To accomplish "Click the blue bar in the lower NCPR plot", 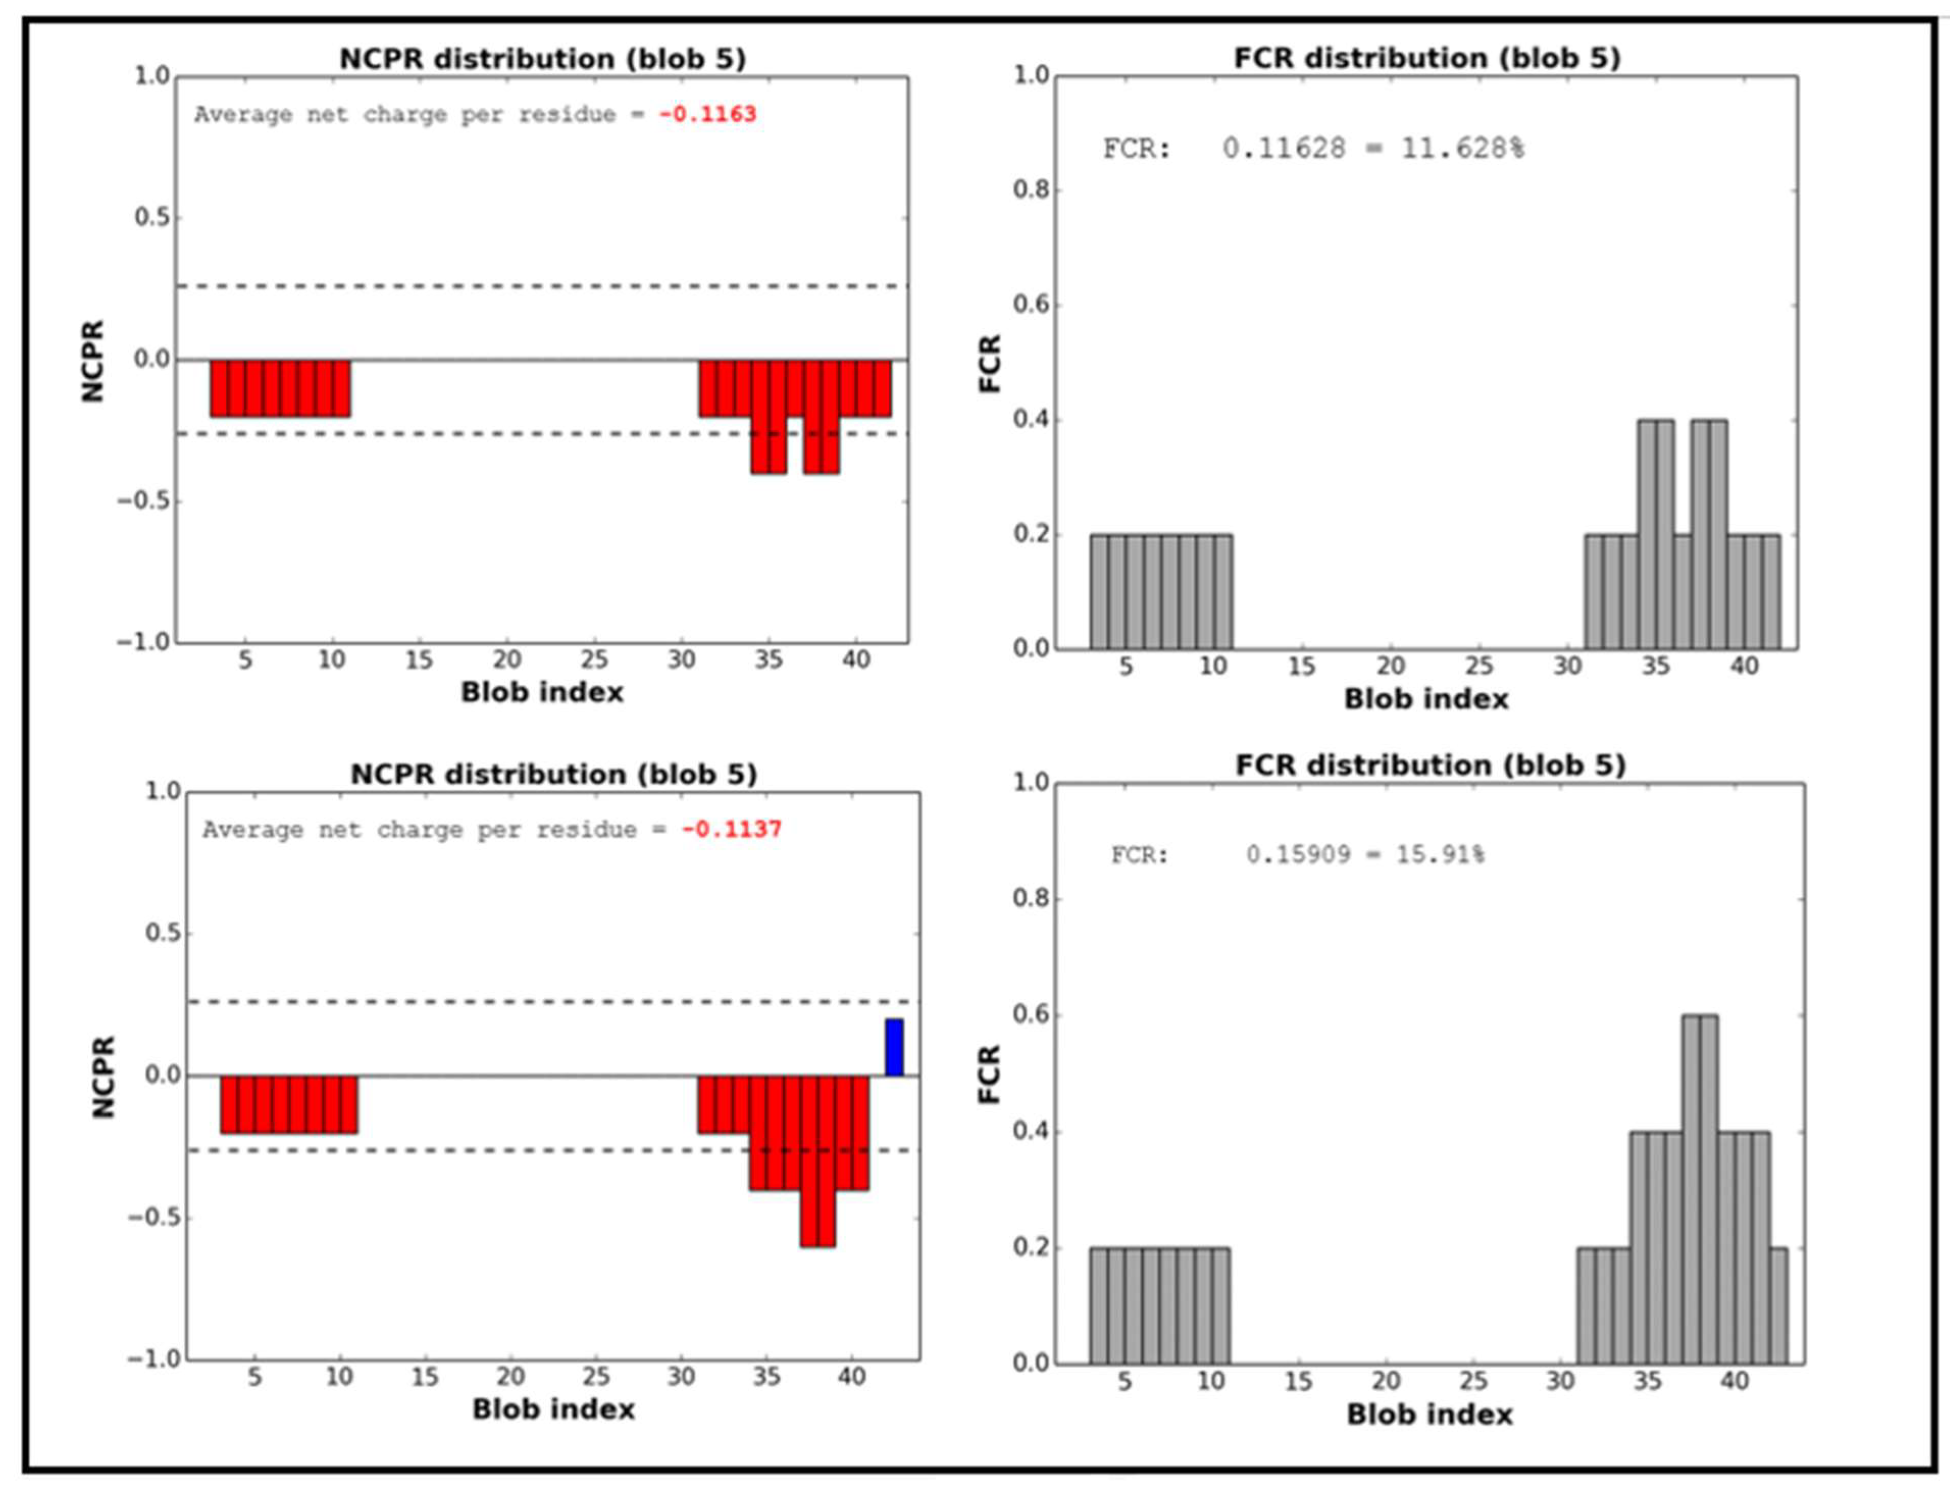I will click(x=894, y=1047).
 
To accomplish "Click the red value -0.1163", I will click(x=707, y=114).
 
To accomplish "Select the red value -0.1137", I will click(x=731, y=829).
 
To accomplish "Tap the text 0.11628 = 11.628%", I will click(x=1373, y=148).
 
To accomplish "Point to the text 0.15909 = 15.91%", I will click(x=1365, y=855).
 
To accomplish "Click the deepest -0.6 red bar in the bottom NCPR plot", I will click(x=818, y=1160).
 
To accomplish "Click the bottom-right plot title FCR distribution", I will click(x=1430, y=765).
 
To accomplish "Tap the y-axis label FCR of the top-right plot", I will click(x=990, y=363).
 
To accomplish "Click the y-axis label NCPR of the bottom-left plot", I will click(x=104, y=1077).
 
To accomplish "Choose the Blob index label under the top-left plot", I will click(x=542, y=692).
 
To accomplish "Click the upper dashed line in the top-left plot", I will click(x=542, y=286).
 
